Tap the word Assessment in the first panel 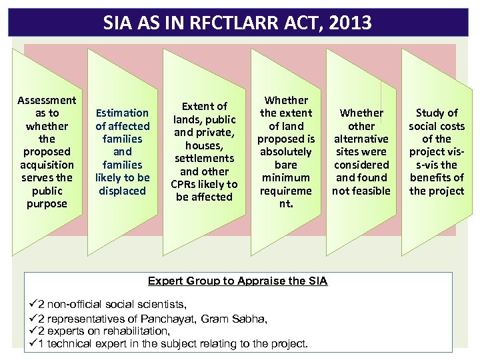pyautogui.click(x=47, y=100)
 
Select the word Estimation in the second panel pyautogui.click(x=122, y=113)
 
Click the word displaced pyautogui.click(x=122, y=191)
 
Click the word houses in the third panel pyautogui.click(x=204, y=145)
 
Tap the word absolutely pyautogui.click(x=286, y=151)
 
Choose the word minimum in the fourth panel pyautogui.click(x=286, y=177)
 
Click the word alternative pyautogui.click(x=361, y=139)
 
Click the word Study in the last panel pyautogui.click(x=437, y=113)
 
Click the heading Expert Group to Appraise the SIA pyautogui.click(x=237, y=281)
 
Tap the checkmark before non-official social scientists pyautogui.click(x=33, y=305)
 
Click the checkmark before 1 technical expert pyautogui.click(x=33, y=343)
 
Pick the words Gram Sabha pyautogui.click(x=238, y=319)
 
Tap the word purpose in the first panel pyautogui.click(x=47, y=203)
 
